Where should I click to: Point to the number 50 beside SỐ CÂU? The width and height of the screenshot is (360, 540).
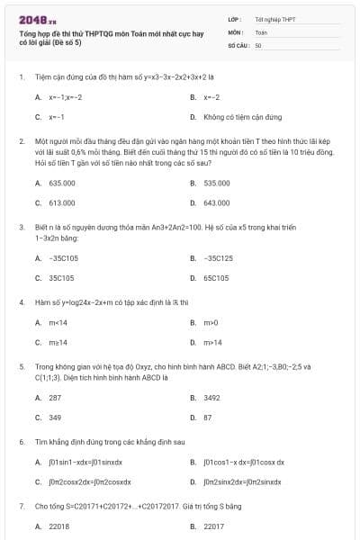[258, 44]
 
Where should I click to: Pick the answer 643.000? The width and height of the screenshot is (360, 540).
[217, 202]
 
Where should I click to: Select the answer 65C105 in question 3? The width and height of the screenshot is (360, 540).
[217, 278]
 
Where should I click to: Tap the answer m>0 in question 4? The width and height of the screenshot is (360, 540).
[211, 321]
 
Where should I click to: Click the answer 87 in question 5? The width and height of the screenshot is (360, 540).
[208, 418]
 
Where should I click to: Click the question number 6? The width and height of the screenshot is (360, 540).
[21, 442]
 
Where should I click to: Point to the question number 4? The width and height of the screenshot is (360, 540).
[21, 302]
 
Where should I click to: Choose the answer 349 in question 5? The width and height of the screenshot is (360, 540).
[55, 418]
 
